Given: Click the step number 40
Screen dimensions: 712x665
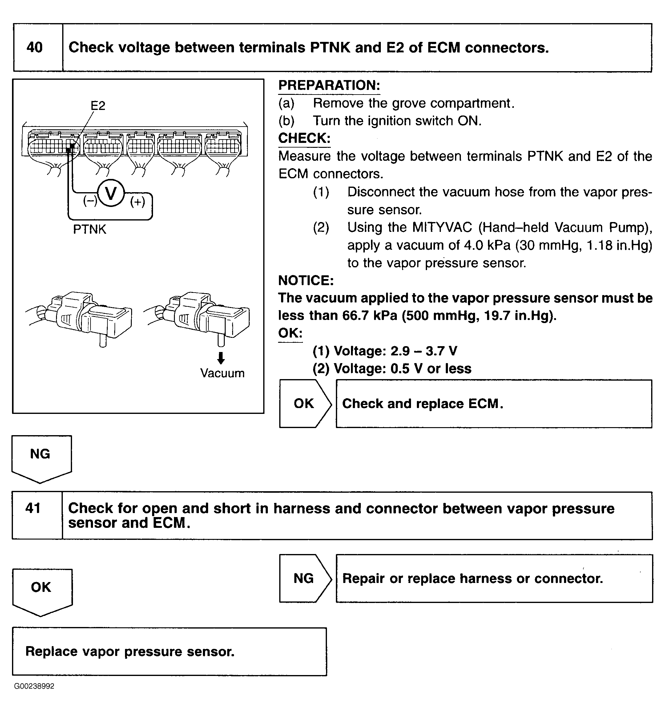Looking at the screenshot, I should pos(35,47).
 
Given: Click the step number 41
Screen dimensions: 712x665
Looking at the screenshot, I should pos(33,508).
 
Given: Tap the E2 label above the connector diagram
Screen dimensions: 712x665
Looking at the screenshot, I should pos(98,106).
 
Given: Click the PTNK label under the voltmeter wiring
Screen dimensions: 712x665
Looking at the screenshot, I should pos(90,229).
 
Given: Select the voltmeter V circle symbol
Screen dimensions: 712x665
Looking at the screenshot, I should pos(111,193).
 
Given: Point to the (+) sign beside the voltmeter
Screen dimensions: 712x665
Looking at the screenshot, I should pos(138,202).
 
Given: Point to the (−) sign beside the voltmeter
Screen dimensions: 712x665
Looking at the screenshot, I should pos(90,200).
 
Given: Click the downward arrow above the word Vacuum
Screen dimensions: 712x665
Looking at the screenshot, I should pos(221,358).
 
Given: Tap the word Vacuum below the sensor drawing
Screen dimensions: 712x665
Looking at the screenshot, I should pos(222,373).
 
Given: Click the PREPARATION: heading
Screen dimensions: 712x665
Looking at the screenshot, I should pos(329,85).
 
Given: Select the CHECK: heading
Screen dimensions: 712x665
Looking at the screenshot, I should pos(304,138).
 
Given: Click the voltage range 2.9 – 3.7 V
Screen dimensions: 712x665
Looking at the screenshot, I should pos(424,351).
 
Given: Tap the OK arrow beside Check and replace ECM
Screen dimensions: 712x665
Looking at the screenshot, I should pos(304,404).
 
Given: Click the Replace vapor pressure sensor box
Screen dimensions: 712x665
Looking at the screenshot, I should pos(169,651).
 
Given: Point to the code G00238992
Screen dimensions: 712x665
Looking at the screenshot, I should pos(34,686).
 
